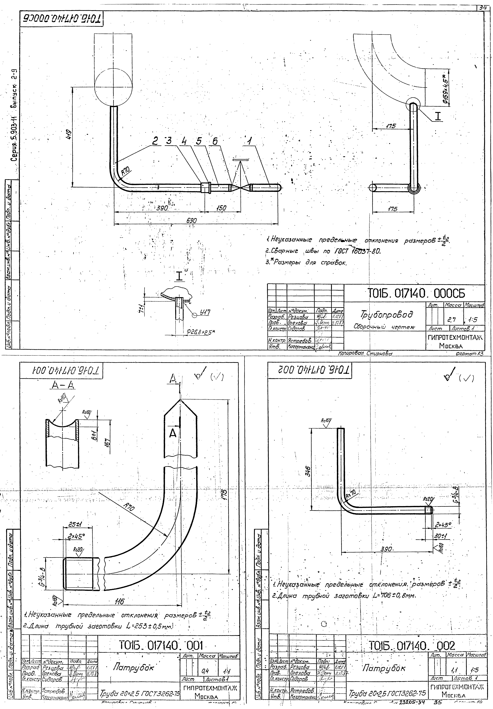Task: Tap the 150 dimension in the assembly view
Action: coord(221,208)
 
